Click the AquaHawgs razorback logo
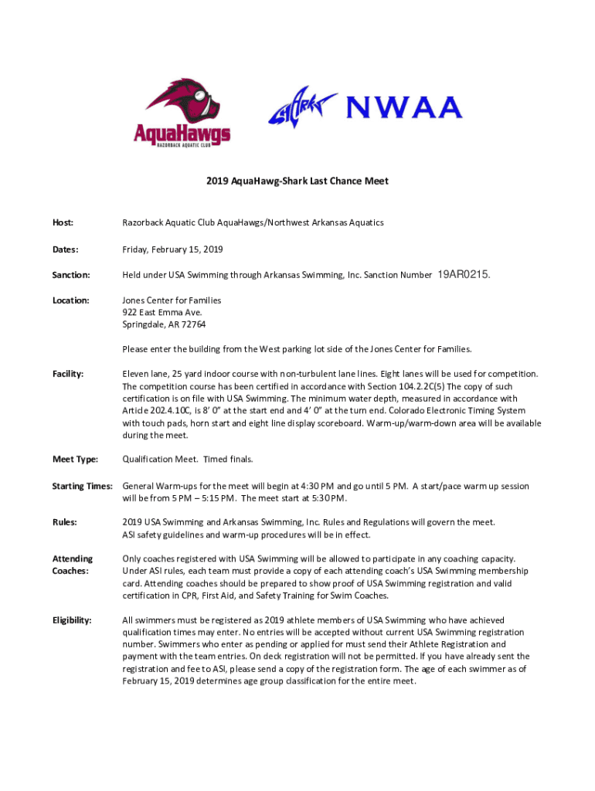click(x=182, y=112)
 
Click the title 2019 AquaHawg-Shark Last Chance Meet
click(x=297, y=182)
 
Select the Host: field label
click(x=63, y=222)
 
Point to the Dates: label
click(x=65, y=250)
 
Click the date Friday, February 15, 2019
click(x=172, y=250)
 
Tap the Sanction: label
click(x=71, y=275)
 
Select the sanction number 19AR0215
click(x=464, y=274)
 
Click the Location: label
click(x=70, y=300)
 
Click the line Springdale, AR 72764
click(x=164, y=324)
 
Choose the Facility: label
click(x=68, y=374)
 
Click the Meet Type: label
click(x=75, y=460)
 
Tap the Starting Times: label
click(x=83, y=486)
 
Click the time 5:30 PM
click(x=328, y=497)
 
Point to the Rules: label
click(x=64, y=522)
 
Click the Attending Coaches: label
click(x=73, y=565)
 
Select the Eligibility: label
click(x=72, y=620)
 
